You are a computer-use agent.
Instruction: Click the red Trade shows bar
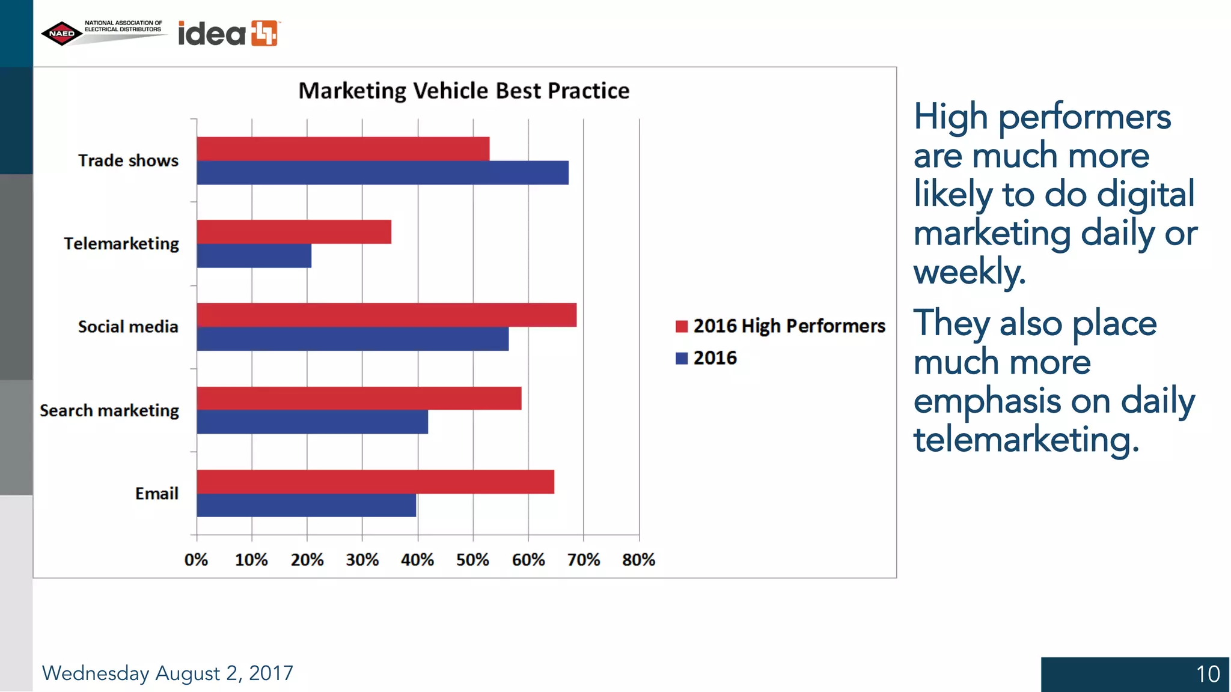point(343,149)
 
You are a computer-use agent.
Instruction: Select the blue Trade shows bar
point(382,173)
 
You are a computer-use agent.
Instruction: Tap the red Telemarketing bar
point(294,232)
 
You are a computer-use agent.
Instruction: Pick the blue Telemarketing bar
point(254,256)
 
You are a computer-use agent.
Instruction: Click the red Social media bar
point(386,315)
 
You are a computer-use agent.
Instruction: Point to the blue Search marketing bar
point(312,422)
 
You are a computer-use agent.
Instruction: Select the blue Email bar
point(306,505)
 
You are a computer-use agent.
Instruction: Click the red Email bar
point(375,482)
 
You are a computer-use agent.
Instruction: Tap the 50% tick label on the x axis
point(472,560)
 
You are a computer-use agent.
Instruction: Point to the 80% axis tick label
point(638,560)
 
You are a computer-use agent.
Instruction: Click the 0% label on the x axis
point(196,560)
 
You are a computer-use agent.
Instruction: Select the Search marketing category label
point(109,410)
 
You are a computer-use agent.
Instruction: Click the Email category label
point(156,494)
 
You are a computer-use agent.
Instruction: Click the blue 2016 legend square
point(682,358)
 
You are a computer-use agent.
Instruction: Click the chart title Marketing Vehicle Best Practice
point(463,91)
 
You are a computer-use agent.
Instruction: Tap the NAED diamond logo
point(62,34)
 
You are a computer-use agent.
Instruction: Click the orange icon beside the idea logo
point(264,33)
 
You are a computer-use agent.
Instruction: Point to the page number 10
point(1208,674)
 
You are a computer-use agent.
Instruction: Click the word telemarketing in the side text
point(1025,440)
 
